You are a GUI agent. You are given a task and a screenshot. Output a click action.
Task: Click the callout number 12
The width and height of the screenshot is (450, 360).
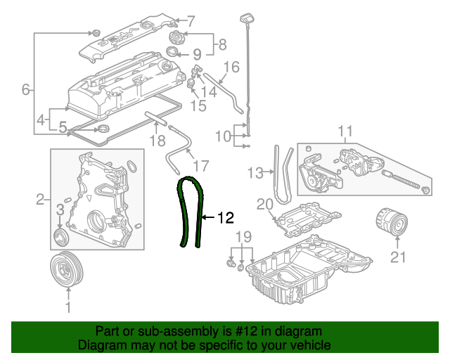pos(224,218)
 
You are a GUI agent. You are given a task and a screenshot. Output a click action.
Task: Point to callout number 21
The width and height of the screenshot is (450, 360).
pos(398,257)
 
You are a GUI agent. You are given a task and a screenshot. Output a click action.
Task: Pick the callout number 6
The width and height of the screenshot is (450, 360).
pos(26,89)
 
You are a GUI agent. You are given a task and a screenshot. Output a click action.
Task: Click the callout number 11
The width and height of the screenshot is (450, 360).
pos(345,131)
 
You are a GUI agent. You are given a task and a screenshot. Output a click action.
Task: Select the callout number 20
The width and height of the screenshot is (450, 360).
pos(264,205)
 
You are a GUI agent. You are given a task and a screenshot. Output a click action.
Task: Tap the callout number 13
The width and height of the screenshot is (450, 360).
pos(256,172)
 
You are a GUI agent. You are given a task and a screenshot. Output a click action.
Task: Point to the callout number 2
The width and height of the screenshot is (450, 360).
pos(40,200)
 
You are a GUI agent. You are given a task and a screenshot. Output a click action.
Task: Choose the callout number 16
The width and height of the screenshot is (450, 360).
pos(231,67)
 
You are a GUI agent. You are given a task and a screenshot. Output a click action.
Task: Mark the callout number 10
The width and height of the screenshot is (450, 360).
pos(223,136)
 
